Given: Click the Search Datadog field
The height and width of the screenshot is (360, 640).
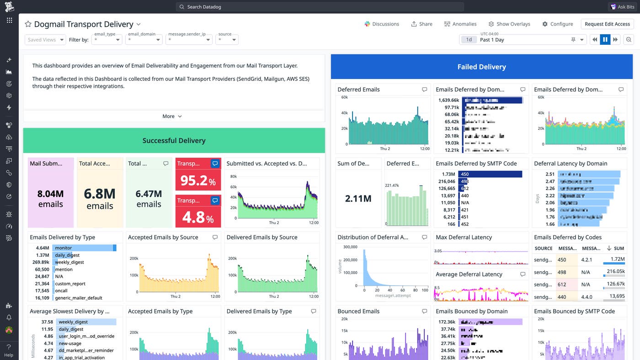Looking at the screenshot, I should coord(320,7).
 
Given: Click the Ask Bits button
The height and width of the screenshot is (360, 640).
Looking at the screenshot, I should coord(622,7).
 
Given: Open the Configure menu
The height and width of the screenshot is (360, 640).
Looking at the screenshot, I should coord(557,24).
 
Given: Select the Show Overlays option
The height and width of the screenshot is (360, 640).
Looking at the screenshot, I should coord(509,24).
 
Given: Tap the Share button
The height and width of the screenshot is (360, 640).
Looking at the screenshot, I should coord(421,24).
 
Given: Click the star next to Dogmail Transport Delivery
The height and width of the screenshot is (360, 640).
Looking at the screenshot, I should coord(28,24).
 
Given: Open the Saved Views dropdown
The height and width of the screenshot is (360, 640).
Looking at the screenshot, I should coord(45,40).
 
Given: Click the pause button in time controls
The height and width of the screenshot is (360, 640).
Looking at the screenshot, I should coord(605,40).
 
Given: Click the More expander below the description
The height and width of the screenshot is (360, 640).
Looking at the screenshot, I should coord(172,116).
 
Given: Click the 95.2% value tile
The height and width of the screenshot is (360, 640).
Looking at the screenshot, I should coord(198,180).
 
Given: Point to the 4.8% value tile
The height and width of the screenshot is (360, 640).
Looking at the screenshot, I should coord(198,217).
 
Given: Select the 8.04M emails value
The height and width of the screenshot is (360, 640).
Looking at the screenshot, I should coord(50,199).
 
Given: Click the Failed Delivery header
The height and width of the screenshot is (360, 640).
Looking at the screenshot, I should coord(481,67).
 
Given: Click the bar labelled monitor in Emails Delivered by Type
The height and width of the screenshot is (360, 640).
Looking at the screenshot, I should coord(84,248).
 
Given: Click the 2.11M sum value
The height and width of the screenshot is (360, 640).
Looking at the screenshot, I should coord(358,198).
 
